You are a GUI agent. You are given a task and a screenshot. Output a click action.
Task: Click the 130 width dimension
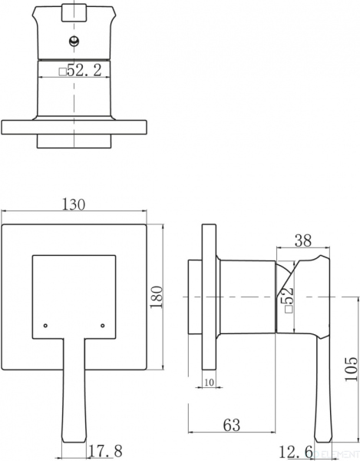tap(74, 204)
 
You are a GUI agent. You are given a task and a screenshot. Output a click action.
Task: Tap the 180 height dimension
tap(156, 297)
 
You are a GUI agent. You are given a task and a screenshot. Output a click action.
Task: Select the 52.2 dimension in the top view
tap(84, 71)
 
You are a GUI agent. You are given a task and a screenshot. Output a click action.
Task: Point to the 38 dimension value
tap(303, 240)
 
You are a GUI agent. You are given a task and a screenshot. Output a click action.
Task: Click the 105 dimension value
tap(351, 369)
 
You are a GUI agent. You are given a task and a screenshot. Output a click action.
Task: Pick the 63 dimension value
tap(232, 425)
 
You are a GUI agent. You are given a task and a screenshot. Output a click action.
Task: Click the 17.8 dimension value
tap(105, 451)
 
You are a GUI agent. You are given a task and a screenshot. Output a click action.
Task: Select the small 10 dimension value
tap(209, 383)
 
